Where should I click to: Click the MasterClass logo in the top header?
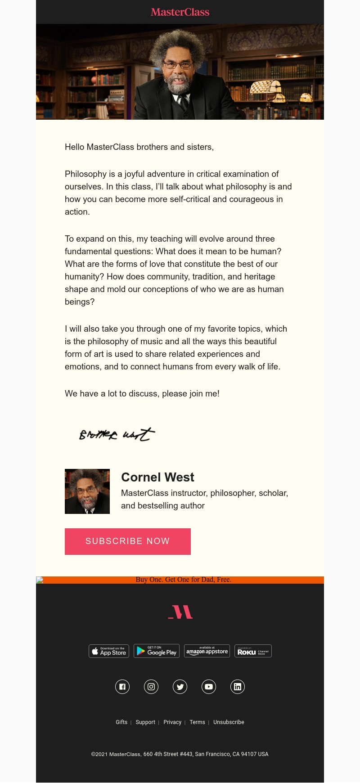pyautogui.click(x=180, y=12)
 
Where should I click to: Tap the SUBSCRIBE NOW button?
pyautogui.click(x=128, y=541)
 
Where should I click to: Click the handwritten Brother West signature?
pyautogui.click(x=117, y=434)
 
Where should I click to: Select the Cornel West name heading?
pyautogui.click(x=157, y=477)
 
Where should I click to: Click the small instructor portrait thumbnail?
pyautogui.click(x=87, y=491)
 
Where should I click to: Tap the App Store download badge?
pyautogui.click(x=109, y=651)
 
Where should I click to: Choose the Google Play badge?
pyautogui.click(x=157, y=651)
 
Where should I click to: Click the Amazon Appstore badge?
pyautogui.click(x=207, y=651)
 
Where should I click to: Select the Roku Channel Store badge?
pyautogui.click(x=253, y=651)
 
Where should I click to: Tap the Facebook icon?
pyautogui.click(x=122, y=687)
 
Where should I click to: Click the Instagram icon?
pyautogui.click(x=151, y=687)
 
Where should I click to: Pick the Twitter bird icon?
pyautogui.click(x=180, y=687)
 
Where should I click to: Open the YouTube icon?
pyautogui.click(x=209, y=687)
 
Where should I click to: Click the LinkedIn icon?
pyautogui.click(x=238, y=687)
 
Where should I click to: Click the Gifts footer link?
pyautogui.click(x=121, y=722)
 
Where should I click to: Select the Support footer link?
pyautogui.click(x=145, y=722)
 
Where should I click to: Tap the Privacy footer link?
pyautogui.click(x=172, y=722)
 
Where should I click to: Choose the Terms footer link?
pyautogui.click(x=197, y=722)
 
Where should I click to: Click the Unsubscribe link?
pyautogui.click(x=229, y=722)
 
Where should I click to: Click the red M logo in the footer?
pyautogui.click(x=180, y=612)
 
